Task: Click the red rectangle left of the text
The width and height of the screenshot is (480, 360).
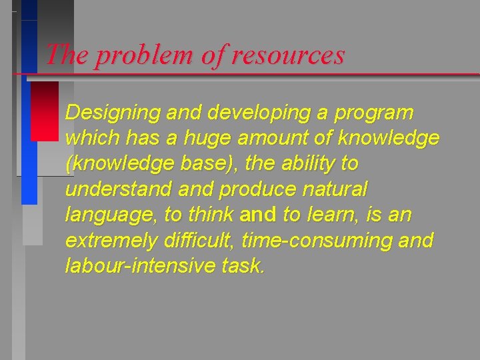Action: [45, 111]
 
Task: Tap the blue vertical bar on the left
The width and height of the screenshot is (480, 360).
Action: [29, 140]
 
